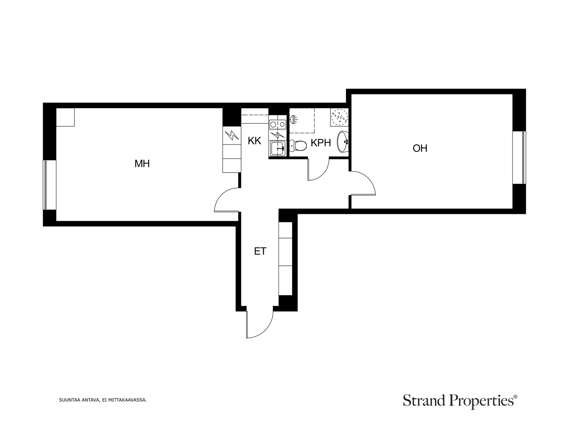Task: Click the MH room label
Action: (x=142, y=164)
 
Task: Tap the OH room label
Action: (x=420, y=148)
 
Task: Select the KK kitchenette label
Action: (x=254, y=141)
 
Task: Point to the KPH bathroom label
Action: (x=321, y=143)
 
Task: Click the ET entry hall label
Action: (x=260, y=251)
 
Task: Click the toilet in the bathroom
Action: (x=298, y=146)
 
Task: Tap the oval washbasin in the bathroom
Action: (x=343, y=142)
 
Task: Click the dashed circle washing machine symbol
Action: (x=339, y=117)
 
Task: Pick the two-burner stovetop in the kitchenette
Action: (x=277, y=125)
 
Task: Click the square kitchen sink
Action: (x=277, y=148)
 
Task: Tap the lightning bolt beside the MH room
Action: (x=232, y=135)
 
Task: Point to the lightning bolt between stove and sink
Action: (x=277, y=135)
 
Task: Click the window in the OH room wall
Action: (x=519, y=158)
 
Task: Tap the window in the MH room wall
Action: (x=49, y=185)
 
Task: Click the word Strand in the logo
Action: (x=424, y=401)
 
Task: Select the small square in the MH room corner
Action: (x=65, y=117)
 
